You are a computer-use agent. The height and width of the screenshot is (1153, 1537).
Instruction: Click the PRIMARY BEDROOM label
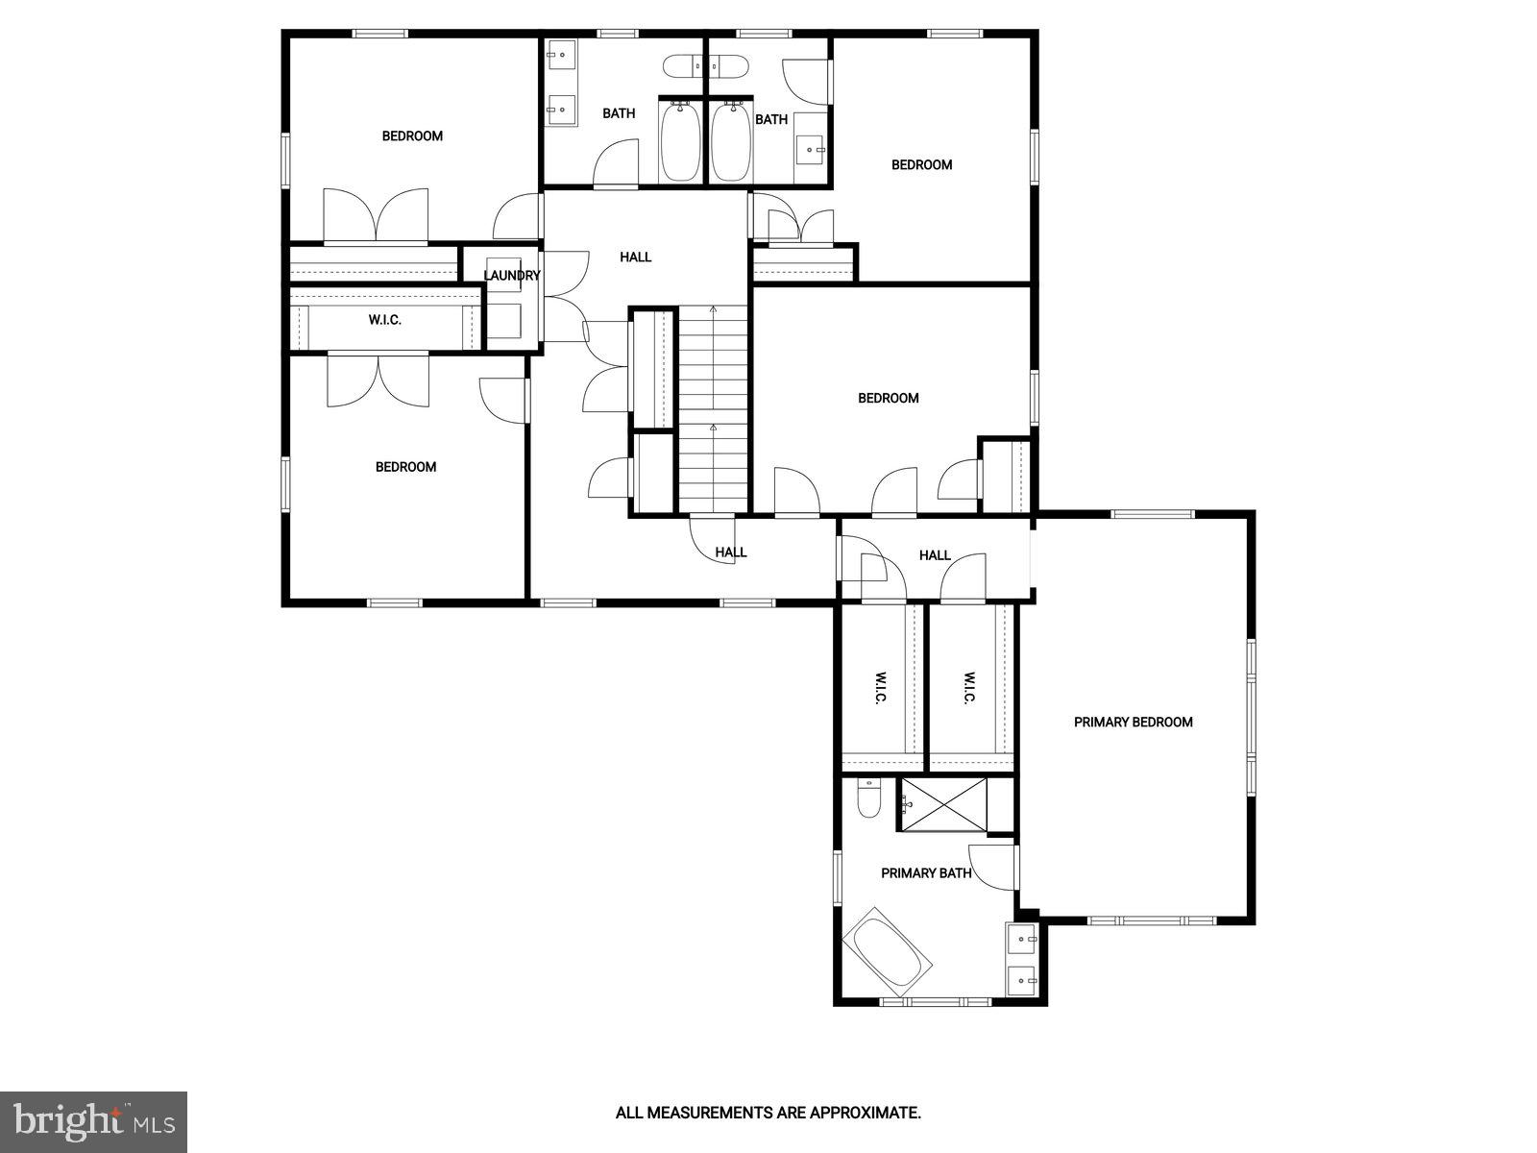[1133, 722]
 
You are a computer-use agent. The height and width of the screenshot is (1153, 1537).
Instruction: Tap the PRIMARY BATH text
[926, 873]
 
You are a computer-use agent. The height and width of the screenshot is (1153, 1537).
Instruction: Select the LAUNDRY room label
[511, 276]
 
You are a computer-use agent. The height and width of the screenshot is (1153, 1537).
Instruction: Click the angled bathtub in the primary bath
[888, 956]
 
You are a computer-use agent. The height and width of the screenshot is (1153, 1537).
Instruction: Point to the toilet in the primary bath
[868, 798]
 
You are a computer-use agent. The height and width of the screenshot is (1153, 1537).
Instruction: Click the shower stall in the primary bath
[943, 803]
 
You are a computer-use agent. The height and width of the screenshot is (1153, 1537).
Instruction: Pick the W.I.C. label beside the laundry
[384, 320]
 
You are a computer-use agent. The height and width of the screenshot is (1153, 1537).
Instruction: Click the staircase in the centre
[713, 408]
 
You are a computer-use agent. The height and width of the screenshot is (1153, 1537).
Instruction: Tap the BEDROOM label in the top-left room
[412, 135]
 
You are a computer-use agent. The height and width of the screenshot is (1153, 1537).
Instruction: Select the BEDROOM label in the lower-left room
[405, 467]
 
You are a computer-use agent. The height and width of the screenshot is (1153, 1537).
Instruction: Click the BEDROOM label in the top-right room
[921, 164]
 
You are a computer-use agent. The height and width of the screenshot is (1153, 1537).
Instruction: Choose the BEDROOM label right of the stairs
[888, 398]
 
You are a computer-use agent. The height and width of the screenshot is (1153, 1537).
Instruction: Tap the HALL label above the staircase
[635, 257]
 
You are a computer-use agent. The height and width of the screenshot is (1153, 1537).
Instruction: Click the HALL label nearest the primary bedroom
[934, 555]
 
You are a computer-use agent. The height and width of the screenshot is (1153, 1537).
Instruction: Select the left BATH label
[619, 113]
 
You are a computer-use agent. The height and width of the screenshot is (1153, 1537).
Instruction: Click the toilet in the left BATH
[683, 67]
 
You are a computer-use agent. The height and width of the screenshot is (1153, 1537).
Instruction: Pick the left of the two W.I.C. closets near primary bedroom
[879, 688]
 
